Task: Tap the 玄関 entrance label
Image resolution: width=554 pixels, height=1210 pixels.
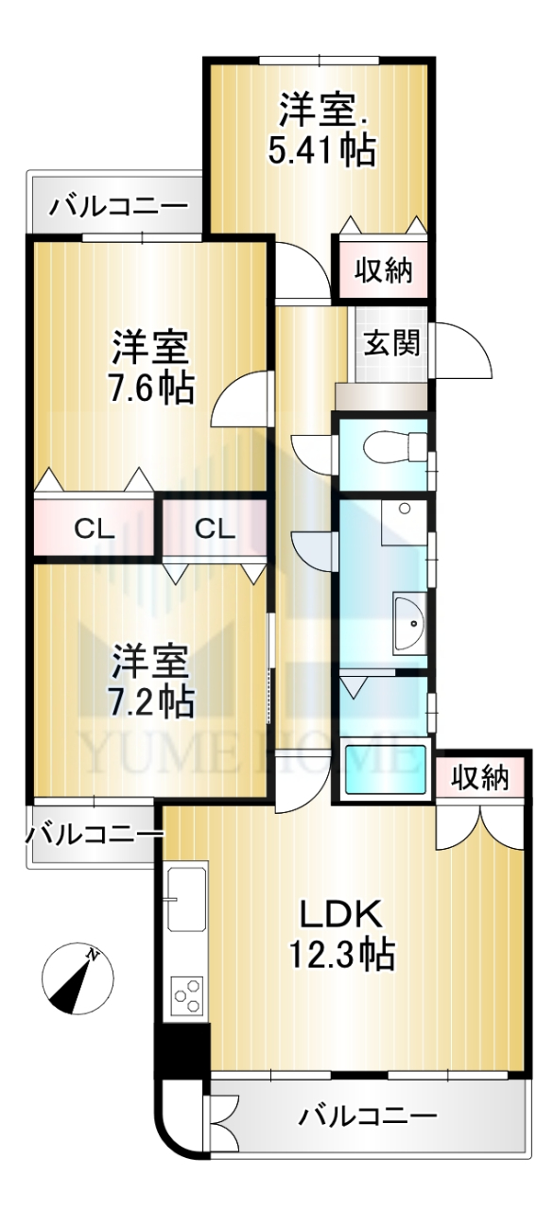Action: pos(391,342)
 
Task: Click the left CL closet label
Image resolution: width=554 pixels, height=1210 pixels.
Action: pos(95,529)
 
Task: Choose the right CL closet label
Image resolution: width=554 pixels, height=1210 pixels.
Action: pos(215,529)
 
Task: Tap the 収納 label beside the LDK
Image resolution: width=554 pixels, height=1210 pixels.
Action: pos(480,778)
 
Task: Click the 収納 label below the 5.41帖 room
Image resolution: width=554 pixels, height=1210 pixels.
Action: pos(383,270)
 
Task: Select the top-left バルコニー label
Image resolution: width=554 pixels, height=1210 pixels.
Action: pos(119,206)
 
